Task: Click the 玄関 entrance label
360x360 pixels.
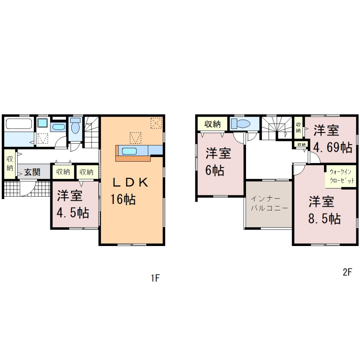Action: click(x=32, y=172)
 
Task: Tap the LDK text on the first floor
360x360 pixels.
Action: click(x=130, y=183)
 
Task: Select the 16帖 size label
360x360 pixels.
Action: click(x=123, y=199)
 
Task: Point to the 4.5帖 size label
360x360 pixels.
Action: click(x=73, y=213)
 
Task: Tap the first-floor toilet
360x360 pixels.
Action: click(x=75, y=125)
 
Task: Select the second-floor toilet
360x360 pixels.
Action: click(x=240, y=124)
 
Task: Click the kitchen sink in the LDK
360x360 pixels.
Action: click(x=129, y=151)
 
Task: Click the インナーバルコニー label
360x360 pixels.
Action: click(x=269, y=203)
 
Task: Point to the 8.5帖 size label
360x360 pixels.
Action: click(x=324, y=218)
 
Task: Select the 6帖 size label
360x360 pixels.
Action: click(x=214, y=170)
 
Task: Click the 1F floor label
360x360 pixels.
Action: click(x=155, y=278)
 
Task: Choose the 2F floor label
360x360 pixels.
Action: click(x=347, y=272)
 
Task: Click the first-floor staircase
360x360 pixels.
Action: click(x=92, y=132)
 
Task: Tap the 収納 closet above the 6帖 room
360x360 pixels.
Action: click(x=212, y=124)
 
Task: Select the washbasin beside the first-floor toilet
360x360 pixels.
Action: click(x=58, y=127)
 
